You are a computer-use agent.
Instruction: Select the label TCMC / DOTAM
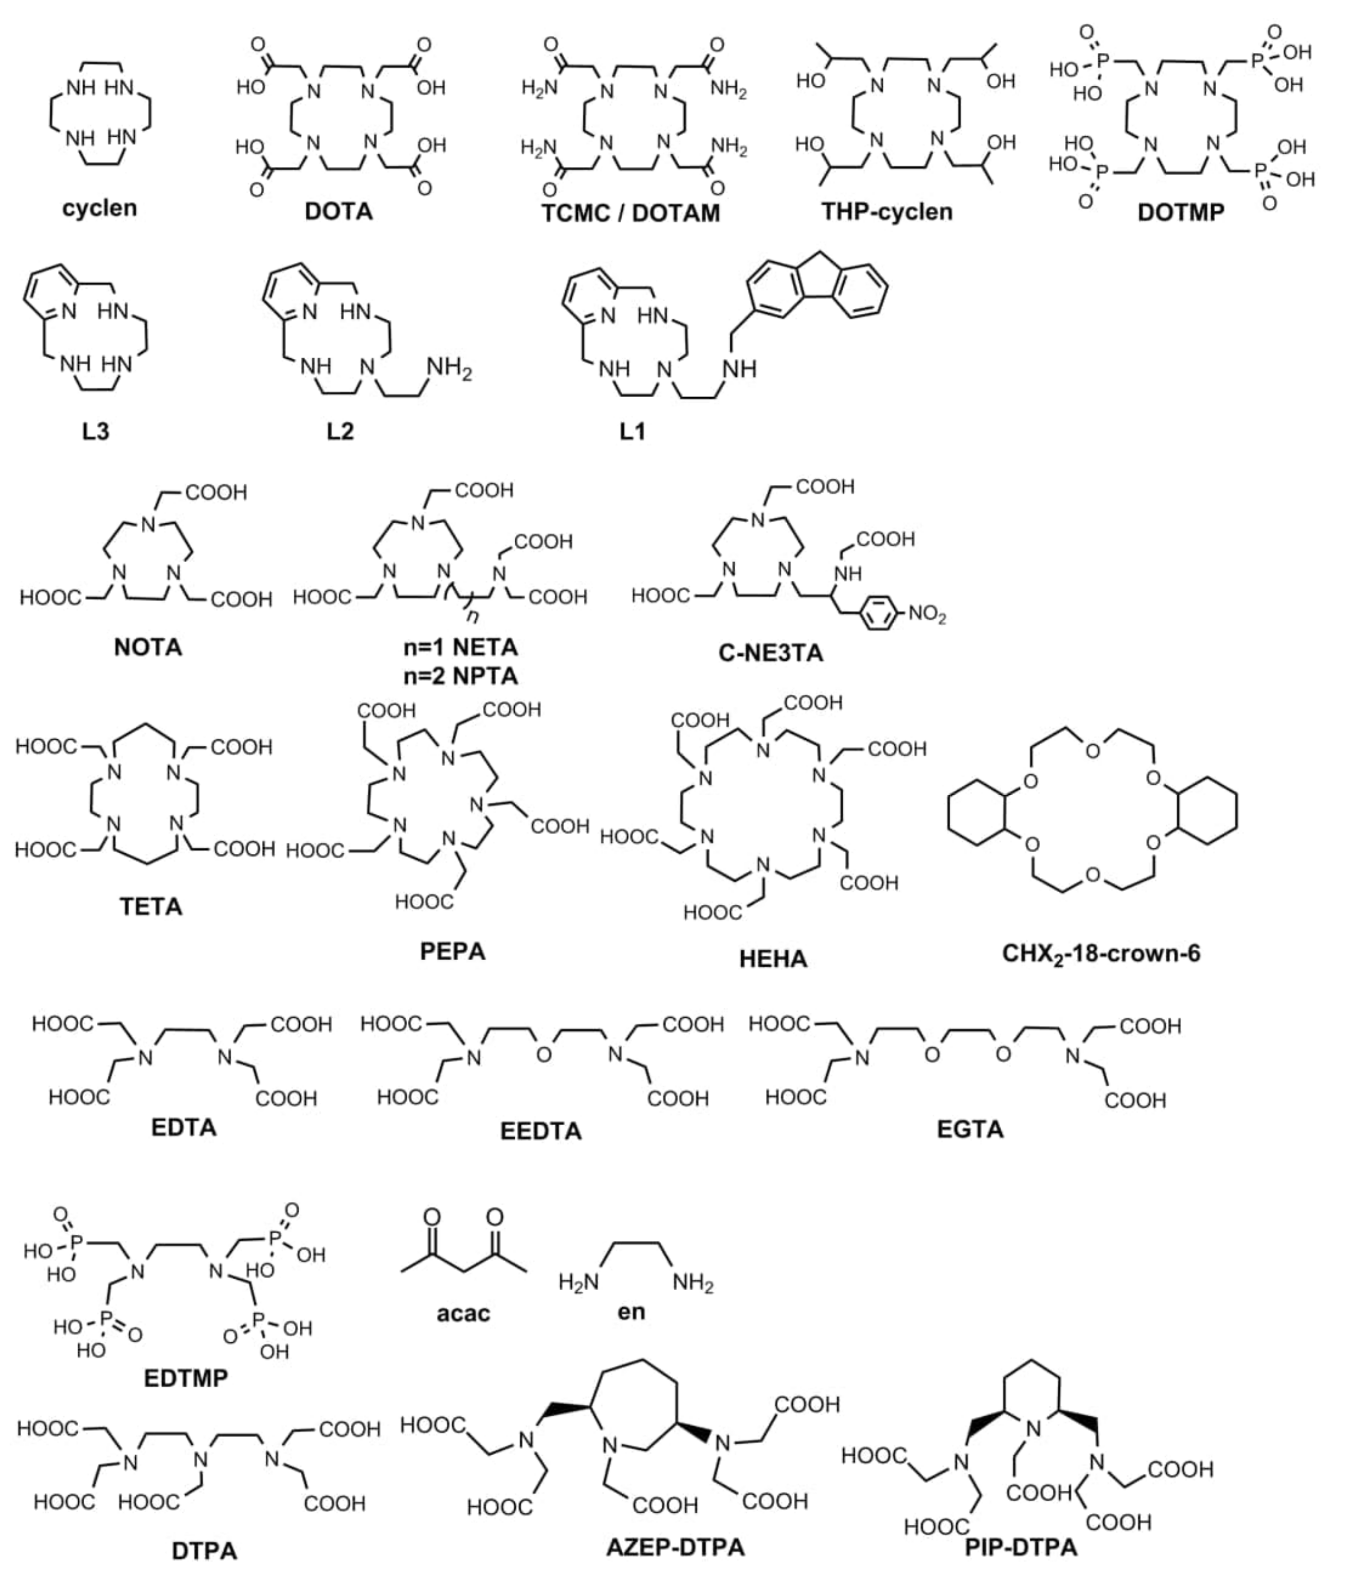(x=630, y=213)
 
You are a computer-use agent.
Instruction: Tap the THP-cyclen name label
(x=887, y=211)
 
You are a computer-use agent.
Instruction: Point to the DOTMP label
(x=1180, y=213)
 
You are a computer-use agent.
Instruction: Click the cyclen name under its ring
(x=99, y=207)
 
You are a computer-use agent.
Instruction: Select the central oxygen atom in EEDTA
(x=544, y=1055)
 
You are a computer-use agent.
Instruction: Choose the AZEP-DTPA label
(x=675, y=1547)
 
